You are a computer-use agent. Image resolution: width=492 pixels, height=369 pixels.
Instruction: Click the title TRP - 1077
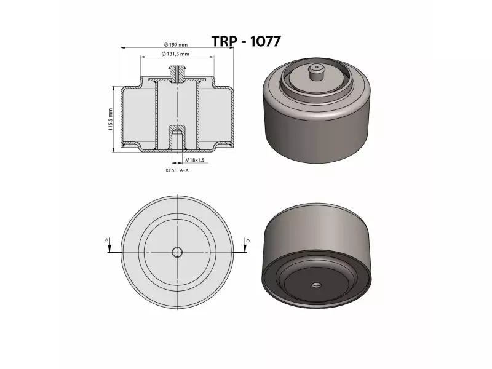tap(246, 42)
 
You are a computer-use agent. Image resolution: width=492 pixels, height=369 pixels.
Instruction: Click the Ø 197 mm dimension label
tap(176, 44)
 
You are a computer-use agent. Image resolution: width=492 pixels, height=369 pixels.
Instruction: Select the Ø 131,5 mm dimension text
tap(176, 54)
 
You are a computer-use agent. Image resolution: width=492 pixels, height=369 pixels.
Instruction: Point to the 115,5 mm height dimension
tap(110, 119)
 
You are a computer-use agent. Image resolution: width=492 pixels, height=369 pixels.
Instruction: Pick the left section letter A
tap(106, 239)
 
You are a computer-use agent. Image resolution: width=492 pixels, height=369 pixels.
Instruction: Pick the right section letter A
tap(247, 239)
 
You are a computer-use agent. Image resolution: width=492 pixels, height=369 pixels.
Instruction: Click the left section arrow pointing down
tap(109, 248)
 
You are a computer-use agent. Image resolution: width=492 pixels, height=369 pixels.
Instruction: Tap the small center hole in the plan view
tap(177, 252)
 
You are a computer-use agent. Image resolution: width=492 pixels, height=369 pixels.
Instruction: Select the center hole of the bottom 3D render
tap(317, 285)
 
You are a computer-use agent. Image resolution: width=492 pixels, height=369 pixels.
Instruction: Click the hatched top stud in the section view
tap(177, 74)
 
